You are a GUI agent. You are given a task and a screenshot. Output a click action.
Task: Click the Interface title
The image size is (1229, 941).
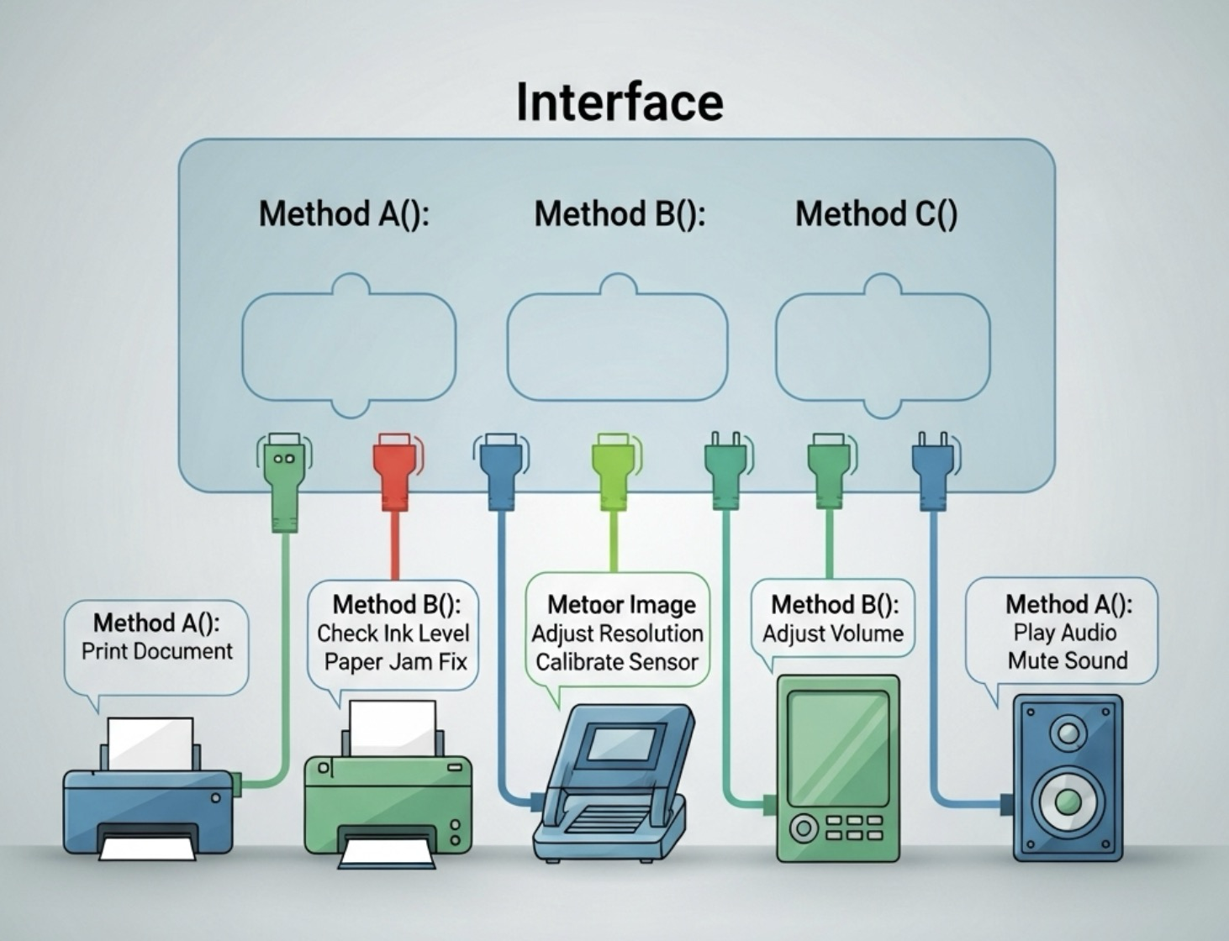coord(620,102)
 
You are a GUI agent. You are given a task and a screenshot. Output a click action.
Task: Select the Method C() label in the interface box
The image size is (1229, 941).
coord(876,213)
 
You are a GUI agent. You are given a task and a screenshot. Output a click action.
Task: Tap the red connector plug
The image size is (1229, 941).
coord(394,470)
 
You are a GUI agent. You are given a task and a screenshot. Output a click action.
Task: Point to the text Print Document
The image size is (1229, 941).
coord(157,651)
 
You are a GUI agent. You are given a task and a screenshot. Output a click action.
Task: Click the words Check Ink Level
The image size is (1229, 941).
coord(393,633)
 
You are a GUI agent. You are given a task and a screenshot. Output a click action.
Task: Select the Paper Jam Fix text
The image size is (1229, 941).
coord(395,662)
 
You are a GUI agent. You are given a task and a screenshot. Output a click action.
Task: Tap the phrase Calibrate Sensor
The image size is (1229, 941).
coord(617,662)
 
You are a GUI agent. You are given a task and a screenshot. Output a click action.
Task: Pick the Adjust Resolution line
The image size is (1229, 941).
coord(617,633)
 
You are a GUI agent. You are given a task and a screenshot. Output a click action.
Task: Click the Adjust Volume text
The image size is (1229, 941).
coord(832,633)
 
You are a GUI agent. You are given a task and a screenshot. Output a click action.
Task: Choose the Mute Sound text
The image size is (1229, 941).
coord(1068,660)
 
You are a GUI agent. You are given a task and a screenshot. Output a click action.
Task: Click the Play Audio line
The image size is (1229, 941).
coord(1065,633)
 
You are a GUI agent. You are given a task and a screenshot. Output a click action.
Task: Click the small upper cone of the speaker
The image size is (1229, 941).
coord(1068,734)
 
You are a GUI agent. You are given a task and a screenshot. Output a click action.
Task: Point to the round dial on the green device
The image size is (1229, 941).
coord(803,828)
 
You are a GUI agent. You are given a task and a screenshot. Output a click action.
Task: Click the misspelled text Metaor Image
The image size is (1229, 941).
coord(621,605)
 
